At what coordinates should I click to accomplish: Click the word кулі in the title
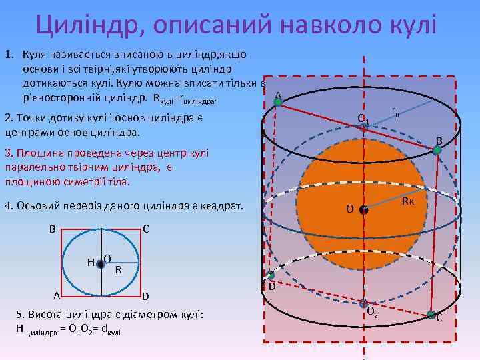click(x=408, y=25)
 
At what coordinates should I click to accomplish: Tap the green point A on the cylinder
click(x=279, y=102)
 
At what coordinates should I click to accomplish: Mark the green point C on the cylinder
click(x=431, y=314)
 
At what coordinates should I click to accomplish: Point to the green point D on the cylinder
click(x=271, y=275)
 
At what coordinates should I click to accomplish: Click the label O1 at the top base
click(x=363, y=120)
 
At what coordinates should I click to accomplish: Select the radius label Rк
click(x=409, y=201)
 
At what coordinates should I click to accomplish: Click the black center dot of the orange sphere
click(x=363, y=209)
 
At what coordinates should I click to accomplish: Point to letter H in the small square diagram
click(x=90, y=261)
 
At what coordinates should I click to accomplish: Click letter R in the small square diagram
click(x=118, y=270)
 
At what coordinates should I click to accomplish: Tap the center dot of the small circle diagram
click(x=100, y=265)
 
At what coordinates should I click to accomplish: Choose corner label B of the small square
click(x=52, y=230)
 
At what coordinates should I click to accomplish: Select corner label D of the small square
click(x=145, y=296)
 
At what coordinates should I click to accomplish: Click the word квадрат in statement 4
click(x=222, y=205)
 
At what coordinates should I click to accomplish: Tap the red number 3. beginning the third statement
click(x=9, y=153)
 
